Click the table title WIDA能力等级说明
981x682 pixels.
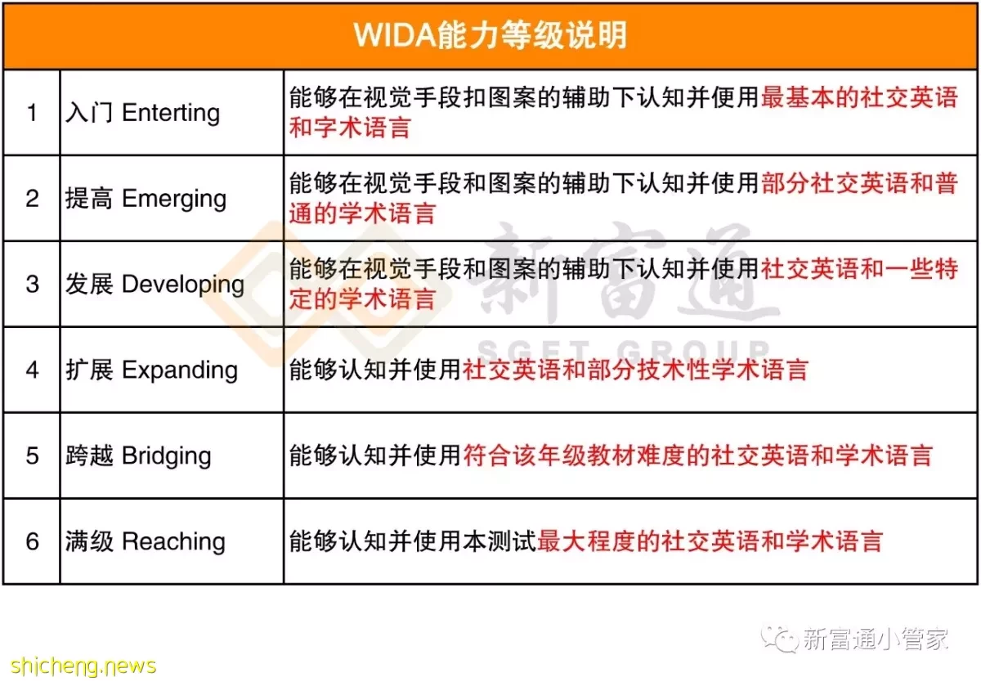pyautogui.click(x=490, y=35)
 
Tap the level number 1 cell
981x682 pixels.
pyautogui.click(x=32, y=113)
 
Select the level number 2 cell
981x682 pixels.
pyautogui.click(x=32, y=199)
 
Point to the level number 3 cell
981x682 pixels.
pyautogui.click(x=32, y=284)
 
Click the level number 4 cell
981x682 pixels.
pyautogui.click(x=32, y=370)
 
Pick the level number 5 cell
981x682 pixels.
pyautogui.click(x=32, y=455)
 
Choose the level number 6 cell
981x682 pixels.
pyautogui.click(x=32, y=541)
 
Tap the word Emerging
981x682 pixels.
pyautogui.click(x=174, y=200)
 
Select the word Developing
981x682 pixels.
pyautogui.click(x=183, y=285)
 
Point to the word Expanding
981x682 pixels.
pyautogui.click(x=180, y=370)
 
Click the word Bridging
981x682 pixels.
pyautogui.click(x=167, y=456)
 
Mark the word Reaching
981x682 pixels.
pyautogui.click(x=173, y=542)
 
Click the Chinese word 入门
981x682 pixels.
pyautogui.click(x=89, y=113)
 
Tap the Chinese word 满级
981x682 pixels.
pyautogui.click(x=89, y=541)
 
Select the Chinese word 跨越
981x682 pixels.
pyautogui.click(x=89, y=456)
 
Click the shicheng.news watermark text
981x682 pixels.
pyautogui.click(x=83, y=666)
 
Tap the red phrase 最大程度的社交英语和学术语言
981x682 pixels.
pyautogui.click(x=710, y=541)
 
